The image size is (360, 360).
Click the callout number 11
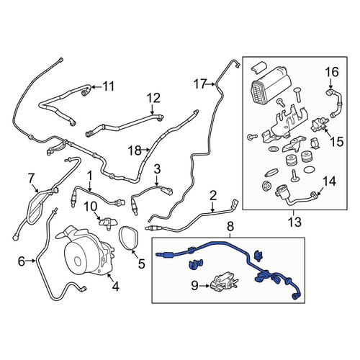109,86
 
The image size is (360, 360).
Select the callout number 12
153,98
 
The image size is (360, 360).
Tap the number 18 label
135,150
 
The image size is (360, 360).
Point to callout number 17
200,84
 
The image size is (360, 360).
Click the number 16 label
332,72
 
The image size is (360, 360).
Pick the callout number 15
337,142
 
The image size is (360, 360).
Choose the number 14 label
330,181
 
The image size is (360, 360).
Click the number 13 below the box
294,222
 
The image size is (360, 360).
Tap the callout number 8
230,227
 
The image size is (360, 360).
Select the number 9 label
194,286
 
